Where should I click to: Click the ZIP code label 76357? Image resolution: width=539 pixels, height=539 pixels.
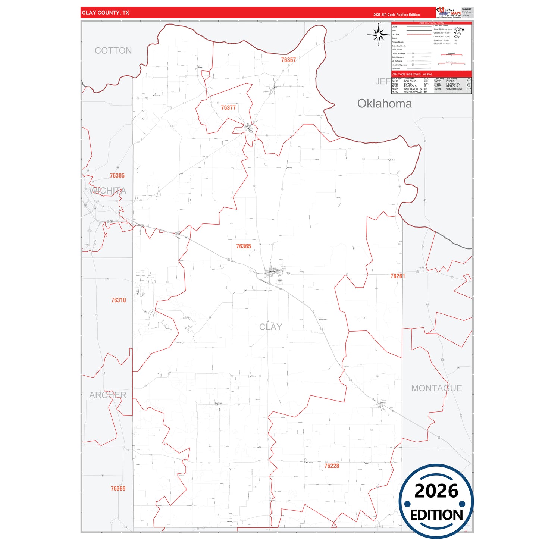coord(288,60)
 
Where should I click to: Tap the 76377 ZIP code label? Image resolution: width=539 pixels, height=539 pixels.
coord(228,108)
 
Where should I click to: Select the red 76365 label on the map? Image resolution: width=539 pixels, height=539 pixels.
coord(244,246)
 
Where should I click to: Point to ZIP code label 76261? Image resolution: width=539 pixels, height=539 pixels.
coord(398,276)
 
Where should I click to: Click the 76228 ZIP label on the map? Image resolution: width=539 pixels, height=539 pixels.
coord(332,466)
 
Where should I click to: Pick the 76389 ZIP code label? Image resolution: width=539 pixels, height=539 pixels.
coord(118,488)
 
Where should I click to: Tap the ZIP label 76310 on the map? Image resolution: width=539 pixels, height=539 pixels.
coord(119,300)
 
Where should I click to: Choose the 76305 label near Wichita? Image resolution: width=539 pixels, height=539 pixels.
coord(117,175)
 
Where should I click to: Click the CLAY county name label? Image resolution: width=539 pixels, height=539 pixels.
coord(270,327)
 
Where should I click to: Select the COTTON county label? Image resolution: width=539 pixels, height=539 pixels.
coord(113,51)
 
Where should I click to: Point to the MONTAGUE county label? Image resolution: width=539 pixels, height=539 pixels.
coord(436,388)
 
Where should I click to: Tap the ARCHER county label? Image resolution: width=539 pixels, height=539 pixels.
coord(108,395)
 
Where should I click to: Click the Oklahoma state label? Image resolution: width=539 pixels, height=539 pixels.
coord(384,104)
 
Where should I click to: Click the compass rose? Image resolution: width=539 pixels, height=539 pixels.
coord(379,35)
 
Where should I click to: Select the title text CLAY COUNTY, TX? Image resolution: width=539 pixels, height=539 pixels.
coord(106,13)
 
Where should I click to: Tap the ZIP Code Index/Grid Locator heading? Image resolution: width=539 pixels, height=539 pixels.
coord(412,74)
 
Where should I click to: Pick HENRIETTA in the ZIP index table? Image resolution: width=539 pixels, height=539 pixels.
coord(453,84)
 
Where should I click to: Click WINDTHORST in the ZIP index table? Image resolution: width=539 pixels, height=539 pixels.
coord(454,89)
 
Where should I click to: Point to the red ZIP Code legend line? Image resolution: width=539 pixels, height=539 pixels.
coord(419,34)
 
